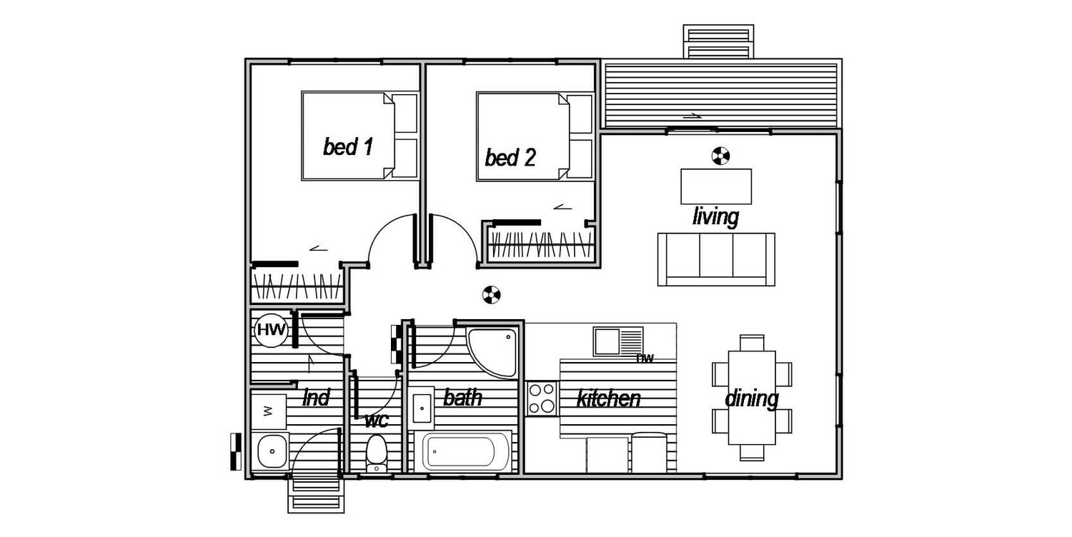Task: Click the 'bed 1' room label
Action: click(348, 147)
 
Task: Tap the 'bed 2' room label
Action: click(510, 157)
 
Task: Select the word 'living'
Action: click(715, 216)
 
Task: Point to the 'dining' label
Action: click(751, 398)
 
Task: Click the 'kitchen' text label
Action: click(608, 398)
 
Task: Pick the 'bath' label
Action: click(462, 397)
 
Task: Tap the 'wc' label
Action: click(376, 420)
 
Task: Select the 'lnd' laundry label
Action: click(316, 398)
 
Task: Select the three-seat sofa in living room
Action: click(715, 259)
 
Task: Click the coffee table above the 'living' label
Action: click(716, 186)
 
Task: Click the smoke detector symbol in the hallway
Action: click(490, 293)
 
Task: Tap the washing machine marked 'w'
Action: click(269, 411)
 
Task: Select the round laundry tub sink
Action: click(271, 451)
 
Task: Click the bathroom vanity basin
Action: click(422, 408)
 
